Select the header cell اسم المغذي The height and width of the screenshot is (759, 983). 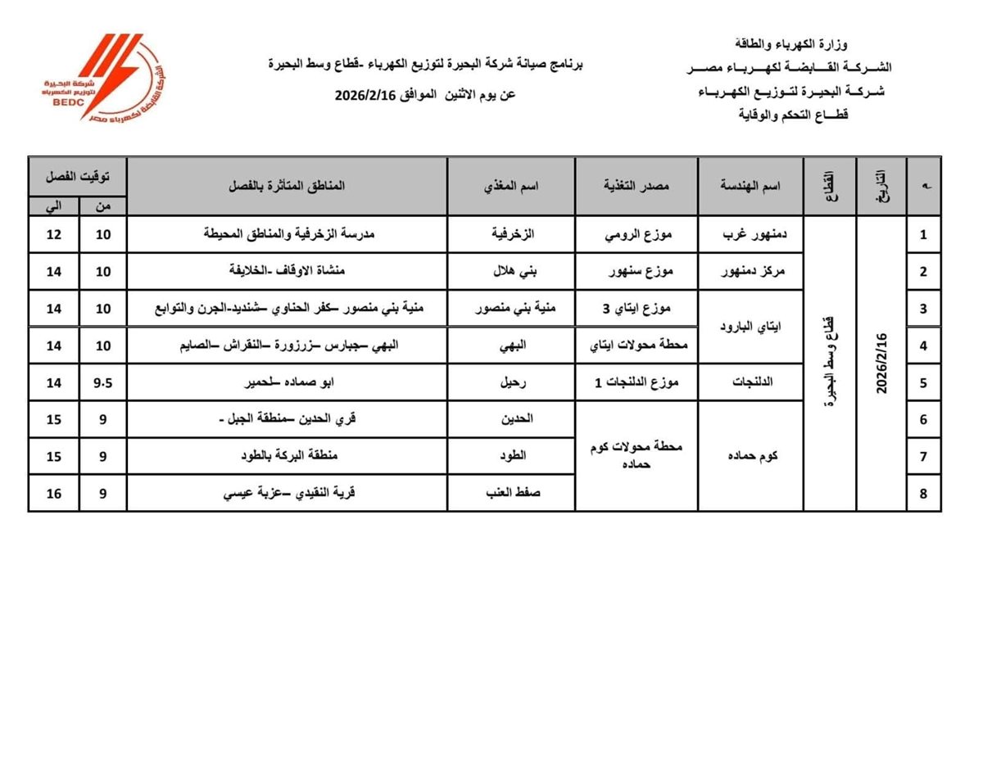tap(510, 187)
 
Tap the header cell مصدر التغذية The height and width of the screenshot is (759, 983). tap(636, 187)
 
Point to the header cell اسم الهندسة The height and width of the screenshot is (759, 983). tap(750, 187)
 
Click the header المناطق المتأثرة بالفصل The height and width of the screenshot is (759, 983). tap(287, 187)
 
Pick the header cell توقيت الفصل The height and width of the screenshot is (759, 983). tap(78, 176)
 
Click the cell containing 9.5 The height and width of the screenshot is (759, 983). tap(103, 382)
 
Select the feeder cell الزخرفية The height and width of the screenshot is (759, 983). tap(510, 235)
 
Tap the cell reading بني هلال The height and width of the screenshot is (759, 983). tap(510, 272)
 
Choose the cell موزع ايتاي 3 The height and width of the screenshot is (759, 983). tap(636, 309)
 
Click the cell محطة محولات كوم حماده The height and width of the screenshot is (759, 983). tap(636, 456)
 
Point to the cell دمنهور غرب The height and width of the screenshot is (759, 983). tap(750, 235)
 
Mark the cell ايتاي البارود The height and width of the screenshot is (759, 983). tap(750, 327)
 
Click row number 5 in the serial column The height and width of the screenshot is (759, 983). tap(923, 382)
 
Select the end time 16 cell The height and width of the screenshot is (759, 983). tap(54, 493)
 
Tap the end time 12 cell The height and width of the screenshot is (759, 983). tap(54, 235)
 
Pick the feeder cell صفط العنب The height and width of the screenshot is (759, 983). tap(510, 493)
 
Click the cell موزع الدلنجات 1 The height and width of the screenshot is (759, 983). tap(636, 382)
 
